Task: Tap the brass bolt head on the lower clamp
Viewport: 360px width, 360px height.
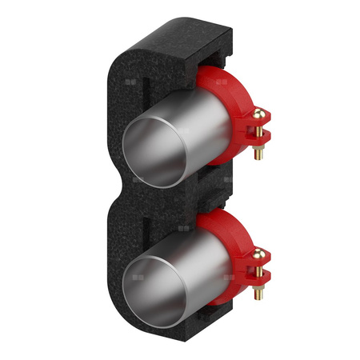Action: pos(259,254)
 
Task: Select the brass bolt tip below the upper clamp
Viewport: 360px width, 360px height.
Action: pos(258,154)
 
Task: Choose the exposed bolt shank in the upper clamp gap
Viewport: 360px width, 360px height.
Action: pos(259,133)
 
